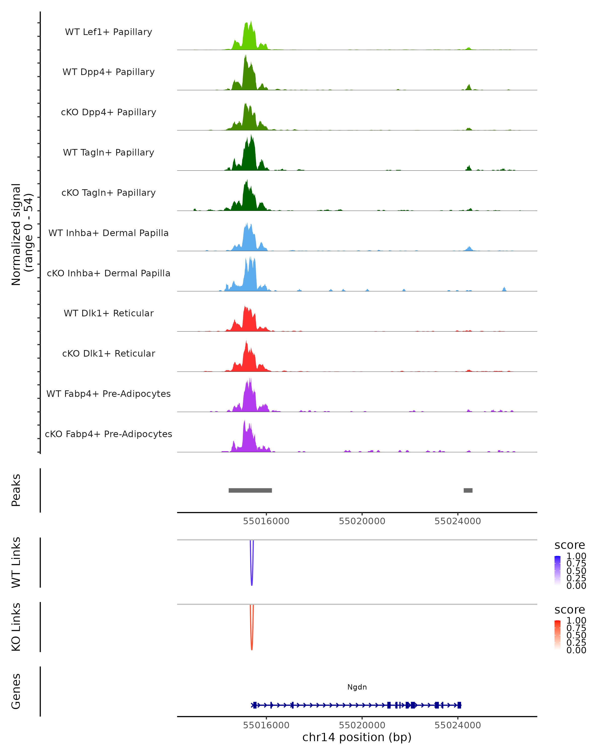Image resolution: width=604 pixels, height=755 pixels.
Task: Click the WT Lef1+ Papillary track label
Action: (108, 32)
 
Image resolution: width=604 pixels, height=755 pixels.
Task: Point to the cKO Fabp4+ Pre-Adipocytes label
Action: (108, 434)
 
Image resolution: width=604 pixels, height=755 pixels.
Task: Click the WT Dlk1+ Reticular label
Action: (108, 313)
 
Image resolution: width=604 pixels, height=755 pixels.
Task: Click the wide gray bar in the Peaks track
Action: (250, 490)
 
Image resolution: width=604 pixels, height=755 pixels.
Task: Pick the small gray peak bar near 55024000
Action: (468, 490)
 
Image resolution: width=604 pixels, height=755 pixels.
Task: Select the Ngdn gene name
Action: (357, 687)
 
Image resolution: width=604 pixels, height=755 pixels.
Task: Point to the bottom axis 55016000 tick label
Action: (266, 725)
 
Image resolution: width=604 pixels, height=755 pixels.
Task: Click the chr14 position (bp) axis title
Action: (357, 737)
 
